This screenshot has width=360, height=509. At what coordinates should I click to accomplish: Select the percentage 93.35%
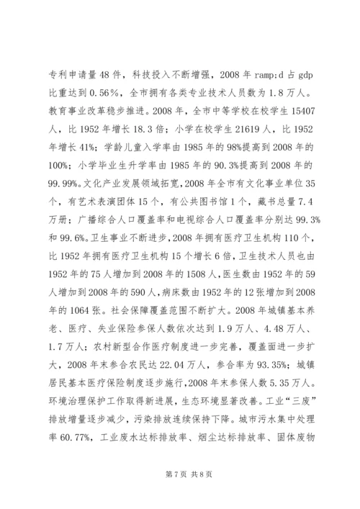(253, 395)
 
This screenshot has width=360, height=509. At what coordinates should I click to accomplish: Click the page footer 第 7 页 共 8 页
(180, 496)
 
